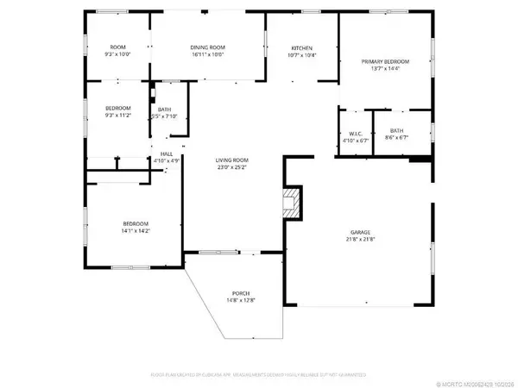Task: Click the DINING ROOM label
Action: coord(206,47)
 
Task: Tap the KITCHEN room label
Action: coord(300,47)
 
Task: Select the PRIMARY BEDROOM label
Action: coord(384,62)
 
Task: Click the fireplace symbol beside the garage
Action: coord(293,204)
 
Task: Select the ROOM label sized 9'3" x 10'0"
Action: coord(118,47)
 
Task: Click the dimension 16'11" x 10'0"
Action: coord(206,54)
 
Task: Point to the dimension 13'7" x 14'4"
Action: coord(384,70)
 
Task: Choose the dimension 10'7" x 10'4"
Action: coord(300,55)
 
